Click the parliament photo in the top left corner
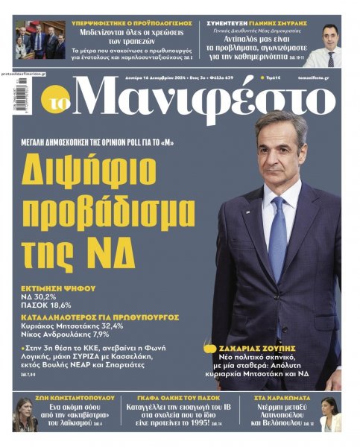pos(40,40)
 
